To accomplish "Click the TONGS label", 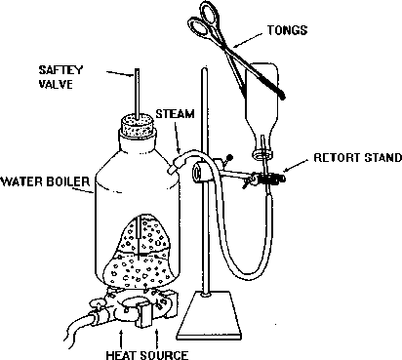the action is coord(287,30).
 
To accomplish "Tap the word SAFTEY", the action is coord(57,69).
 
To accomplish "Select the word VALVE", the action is coord(56,84).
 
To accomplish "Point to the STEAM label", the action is coord(175,114).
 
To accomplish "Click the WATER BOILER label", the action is coord(46,181).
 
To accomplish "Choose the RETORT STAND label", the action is coord(357,158).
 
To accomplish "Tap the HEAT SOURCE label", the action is coord(147,354).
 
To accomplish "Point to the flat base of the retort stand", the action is coord(209,315).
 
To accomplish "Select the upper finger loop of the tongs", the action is coord(210,12).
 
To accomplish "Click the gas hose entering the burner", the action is coord(79,325).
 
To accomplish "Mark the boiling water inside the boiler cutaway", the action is coord(140,270).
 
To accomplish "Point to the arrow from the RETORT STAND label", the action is coord(296,165).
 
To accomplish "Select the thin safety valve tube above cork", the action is coord(138,94).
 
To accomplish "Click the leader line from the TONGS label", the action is coord(248,40).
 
